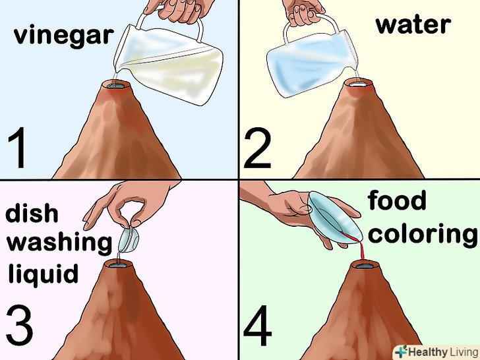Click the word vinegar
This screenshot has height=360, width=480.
64,36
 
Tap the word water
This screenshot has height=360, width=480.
413,24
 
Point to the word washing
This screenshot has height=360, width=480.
59,243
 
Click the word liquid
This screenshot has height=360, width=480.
43,274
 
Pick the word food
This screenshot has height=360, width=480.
397,200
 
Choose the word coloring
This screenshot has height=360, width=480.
423,234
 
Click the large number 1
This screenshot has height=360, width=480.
18,148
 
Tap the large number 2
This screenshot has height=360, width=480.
257,148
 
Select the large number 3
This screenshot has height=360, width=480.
19,325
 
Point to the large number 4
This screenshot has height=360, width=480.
258,325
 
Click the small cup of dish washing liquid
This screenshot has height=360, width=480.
129,239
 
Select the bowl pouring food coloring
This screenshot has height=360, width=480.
334,219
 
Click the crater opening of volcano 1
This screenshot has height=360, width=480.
115,86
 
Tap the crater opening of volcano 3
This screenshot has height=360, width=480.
118,264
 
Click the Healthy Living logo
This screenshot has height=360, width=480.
436,351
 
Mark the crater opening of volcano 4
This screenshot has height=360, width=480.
365,265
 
